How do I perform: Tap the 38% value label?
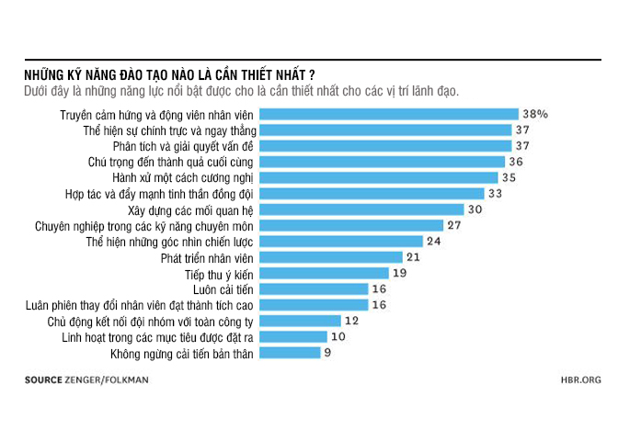pos(534,115)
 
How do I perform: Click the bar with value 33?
pos(372,194)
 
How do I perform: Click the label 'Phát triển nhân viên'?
pos(207,257)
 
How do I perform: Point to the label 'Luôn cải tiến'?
pos(224,288)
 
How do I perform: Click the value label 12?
pos(350,321)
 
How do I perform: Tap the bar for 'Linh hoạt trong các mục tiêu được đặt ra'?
pos(292,336)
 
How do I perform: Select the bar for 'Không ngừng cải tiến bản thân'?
pos(289,353)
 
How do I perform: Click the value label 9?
pos(328,353)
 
